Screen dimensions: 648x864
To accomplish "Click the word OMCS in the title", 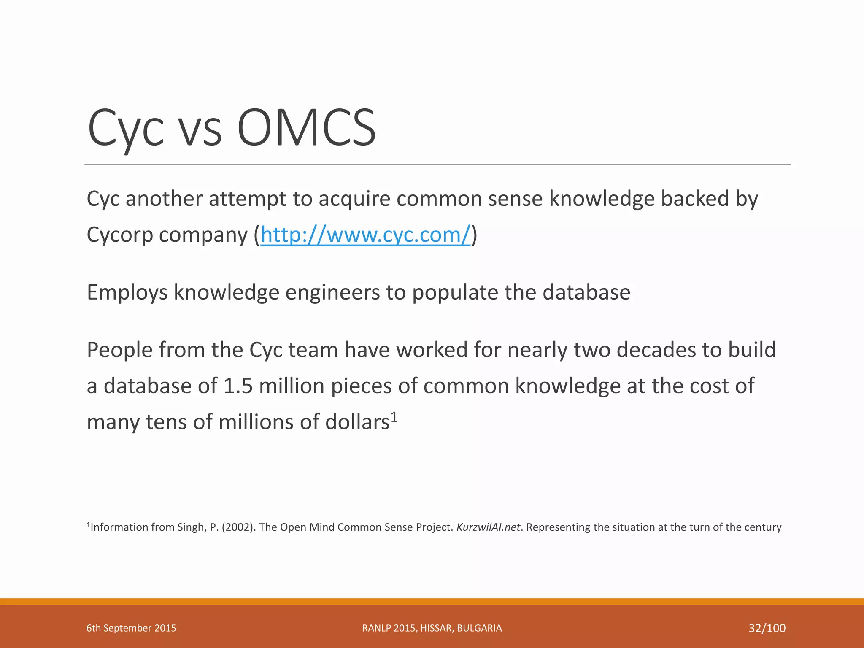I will coord(306,127).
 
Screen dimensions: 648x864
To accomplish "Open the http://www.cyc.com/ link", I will coord(365,235).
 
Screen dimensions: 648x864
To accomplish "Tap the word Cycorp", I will coord(120,235).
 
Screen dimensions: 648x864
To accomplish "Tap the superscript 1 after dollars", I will coord(394,417).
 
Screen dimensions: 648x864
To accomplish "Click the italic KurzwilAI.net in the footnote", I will coord(488,527).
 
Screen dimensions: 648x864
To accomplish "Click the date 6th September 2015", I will coord(131,628).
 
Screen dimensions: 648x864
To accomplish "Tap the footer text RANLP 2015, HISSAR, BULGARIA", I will coord(432,628).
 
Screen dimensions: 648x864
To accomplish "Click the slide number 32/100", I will coord(767,628).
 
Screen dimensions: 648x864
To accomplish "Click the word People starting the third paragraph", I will coord(120,350).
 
